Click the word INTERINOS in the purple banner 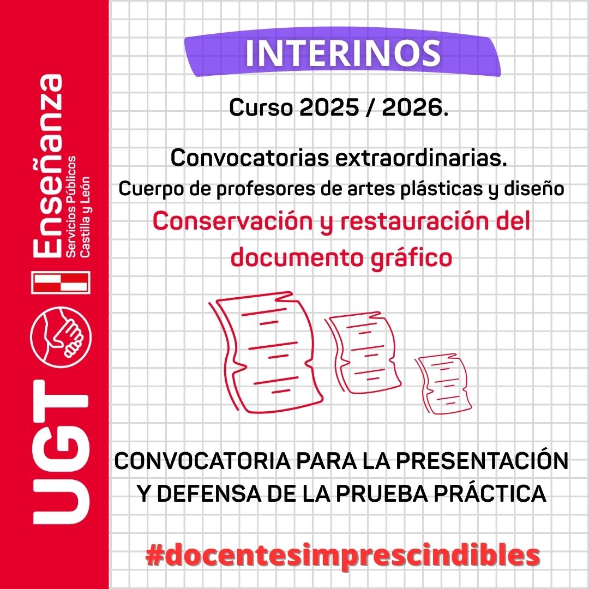pos(343,53)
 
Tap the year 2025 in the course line pos(329,108)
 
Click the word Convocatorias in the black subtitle pos(250,158)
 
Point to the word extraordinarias pos(421,158)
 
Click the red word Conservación pos(232,221)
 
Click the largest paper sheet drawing pos(266,353)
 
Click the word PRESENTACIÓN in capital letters pos(482,461)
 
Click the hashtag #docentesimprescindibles pos(342,556)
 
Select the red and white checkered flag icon pos(61,283)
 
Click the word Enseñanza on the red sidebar pos(47,166)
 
